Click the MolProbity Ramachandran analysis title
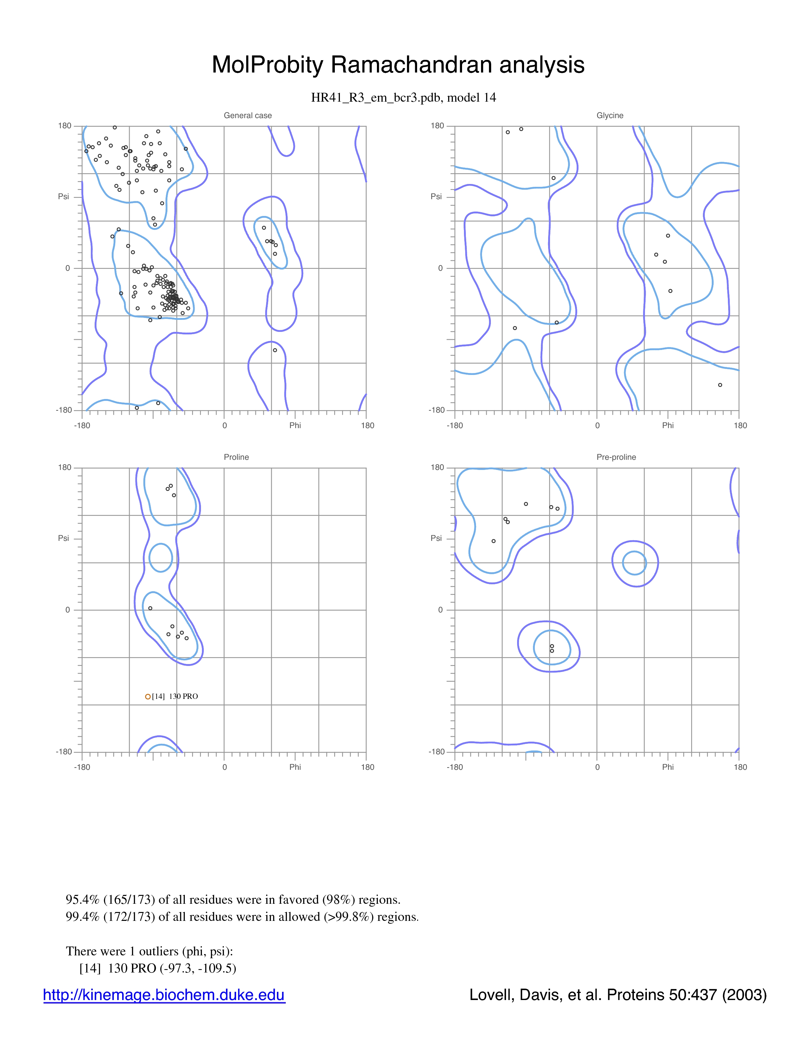[x=398, y=65]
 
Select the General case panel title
[x=248, y=115]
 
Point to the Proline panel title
[x=236, y=457]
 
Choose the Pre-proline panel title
[x=616, y=457]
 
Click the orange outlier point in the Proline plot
[x=148, y=697]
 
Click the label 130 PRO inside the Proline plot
[x=183, y=696]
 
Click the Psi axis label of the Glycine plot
[x=436, y=196]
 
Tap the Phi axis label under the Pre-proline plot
[x=668, y=767]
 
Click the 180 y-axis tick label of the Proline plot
[x=65, y=467]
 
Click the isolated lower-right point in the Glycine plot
[x=720, y=385]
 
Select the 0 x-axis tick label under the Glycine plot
[x=597, y=425]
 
